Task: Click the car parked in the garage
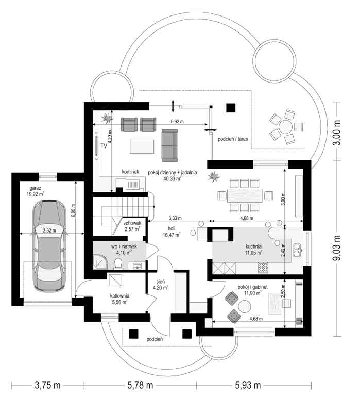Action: click(49, 245)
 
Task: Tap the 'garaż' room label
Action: click(35, 188)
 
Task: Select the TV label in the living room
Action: click(104, 146)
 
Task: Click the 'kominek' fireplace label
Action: click(130, 172)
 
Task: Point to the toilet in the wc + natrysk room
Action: click(118, 264)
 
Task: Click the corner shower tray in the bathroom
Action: click(100, 262)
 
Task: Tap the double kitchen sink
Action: click(297, 250)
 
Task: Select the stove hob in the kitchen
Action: click(263, 268)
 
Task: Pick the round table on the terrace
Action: click(285, 127)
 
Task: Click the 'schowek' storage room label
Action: click(132, 223)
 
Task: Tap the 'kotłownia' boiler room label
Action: click(119, 296)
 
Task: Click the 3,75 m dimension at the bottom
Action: click(47, 385)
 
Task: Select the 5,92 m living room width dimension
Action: click(177, 121)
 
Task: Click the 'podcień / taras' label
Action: click(233, 139)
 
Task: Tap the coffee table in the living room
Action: click(142, 146)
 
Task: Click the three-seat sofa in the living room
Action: click(169, 145)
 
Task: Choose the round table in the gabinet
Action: click(244, 307)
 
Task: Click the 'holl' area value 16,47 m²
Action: click(172, 235)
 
